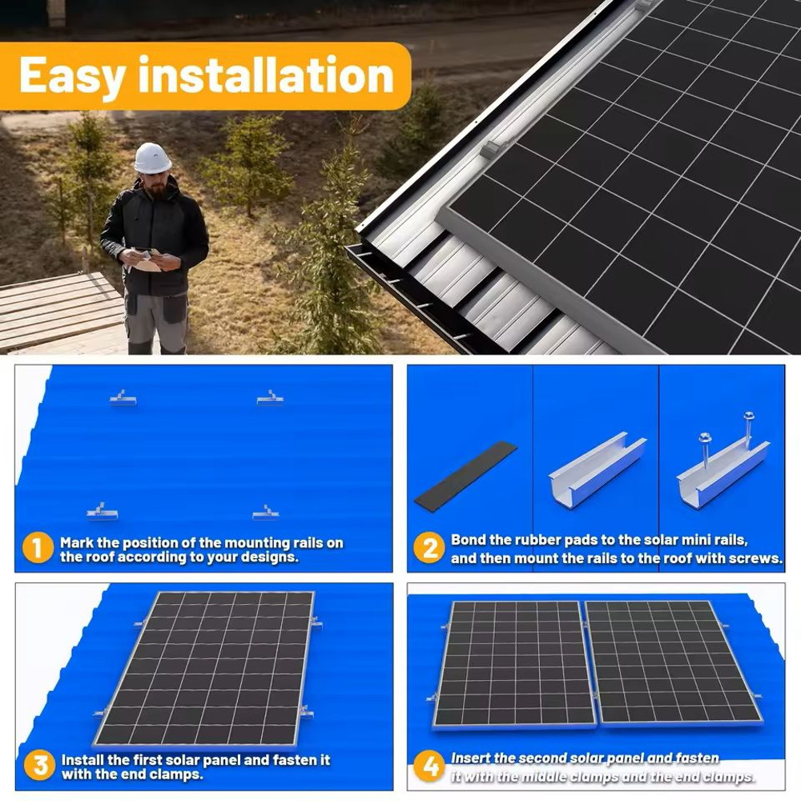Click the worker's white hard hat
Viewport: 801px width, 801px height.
point(152,158)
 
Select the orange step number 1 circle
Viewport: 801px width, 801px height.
point(38,549)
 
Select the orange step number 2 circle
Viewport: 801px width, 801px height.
point(429,549)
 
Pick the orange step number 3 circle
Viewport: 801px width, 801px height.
point(38,766)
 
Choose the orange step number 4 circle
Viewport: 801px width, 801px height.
point(429,766)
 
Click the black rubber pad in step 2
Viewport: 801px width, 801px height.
point(465,476)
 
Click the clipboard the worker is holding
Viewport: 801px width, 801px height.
point(147,260)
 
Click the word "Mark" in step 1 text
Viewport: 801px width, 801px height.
point(78,542)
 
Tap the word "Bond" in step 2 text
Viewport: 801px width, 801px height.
point(469,541)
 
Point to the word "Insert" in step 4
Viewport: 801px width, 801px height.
point(472,758)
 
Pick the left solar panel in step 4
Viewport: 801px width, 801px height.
point(515,664)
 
